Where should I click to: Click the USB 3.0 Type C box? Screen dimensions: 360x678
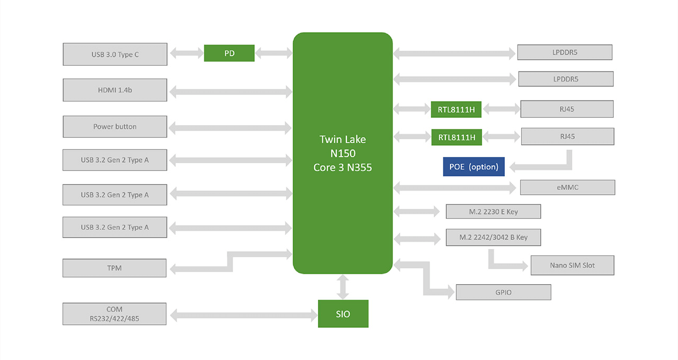pos(115,54)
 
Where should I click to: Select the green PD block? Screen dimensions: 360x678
pos(229,53)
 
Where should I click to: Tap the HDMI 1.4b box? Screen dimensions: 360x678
pos(115,90)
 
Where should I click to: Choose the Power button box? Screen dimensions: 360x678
pos(115,127)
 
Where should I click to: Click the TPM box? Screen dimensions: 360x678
pos(114,268)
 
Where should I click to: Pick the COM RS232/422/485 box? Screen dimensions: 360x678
pos(114,314)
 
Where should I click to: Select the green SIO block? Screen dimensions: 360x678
pos(343,314)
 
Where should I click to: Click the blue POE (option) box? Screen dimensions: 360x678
pos(473,167)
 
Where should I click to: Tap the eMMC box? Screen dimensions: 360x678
pos(567,187)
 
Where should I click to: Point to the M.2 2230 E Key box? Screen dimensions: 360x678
pos(493,212)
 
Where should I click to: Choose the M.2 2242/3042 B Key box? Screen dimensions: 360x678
pos(493,237)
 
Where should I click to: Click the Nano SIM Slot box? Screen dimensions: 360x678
pos(572,265)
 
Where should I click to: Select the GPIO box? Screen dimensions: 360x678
pos(503,292)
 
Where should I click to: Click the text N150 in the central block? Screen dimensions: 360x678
pos(342,154)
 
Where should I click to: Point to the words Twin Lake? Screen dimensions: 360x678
pos(342,139)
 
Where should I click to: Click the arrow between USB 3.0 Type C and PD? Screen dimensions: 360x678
pos(186,53)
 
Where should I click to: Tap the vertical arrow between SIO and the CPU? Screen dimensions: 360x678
pos(343,287)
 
